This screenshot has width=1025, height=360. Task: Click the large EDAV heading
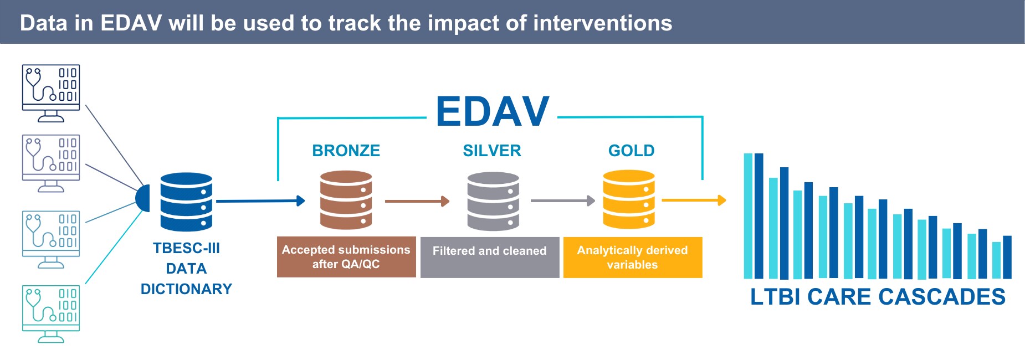tap(492, 112)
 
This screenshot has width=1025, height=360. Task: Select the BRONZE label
tap(346, 151)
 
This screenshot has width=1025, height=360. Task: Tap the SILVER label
tap(492, 151)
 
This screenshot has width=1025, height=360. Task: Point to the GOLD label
tap(631, 151)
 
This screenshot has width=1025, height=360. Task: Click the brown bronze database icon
tap(346, 200)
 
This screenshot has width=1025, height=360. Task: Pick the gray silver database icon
tap(493, 201)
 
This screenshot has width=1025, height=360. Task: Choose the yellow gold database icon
tap(629, 199)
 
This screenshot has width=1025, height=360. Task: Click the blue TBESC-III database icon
tap(186, 202)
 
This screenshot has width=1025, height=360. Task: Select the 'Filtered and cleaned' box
tap(490, 257)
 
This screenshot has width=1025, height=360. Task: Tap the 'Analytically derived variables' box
tap(632, 257)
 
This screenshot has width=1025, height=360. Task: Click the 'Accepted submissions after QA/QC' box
tap(346, 257)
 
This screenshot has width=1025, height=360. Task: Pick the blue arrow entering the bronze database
tap(260, 201)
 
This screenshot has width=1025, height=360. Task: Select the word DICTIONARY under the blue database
tap(186, 289)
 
